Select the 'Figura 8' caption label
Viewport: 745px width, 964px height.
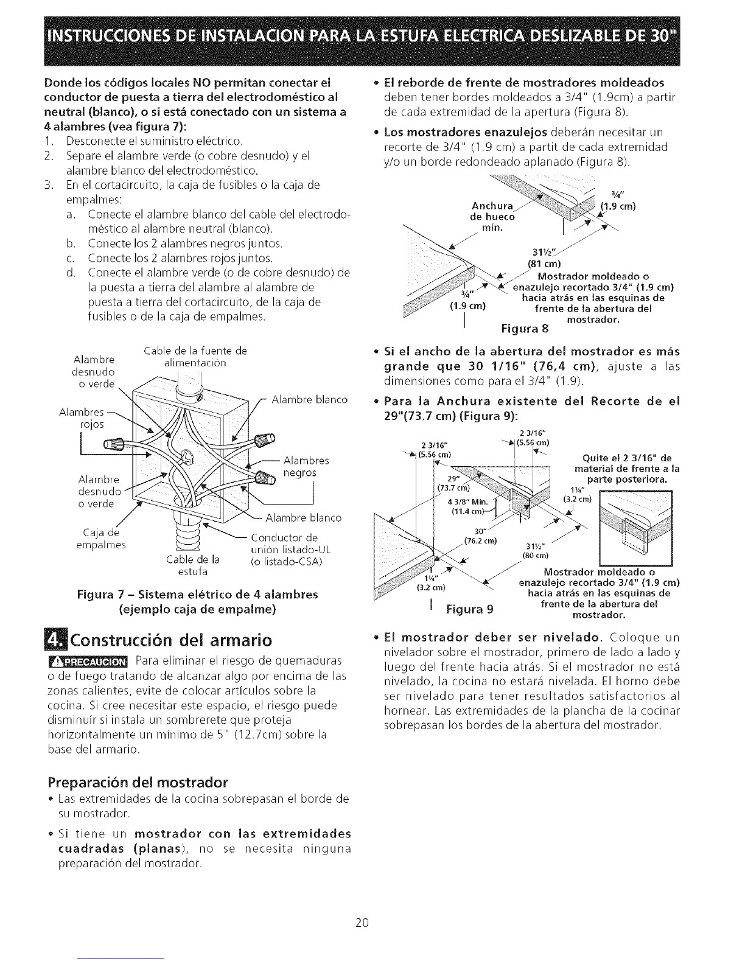pyautogui.click(x=524, y=329)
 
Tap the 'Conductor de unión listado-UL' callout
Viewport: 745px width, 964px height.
pyautogui.click(x=287, y=549)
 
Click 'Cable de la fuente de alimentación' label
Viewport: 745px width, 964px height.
pyautogui.click(x=195, y=357)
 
